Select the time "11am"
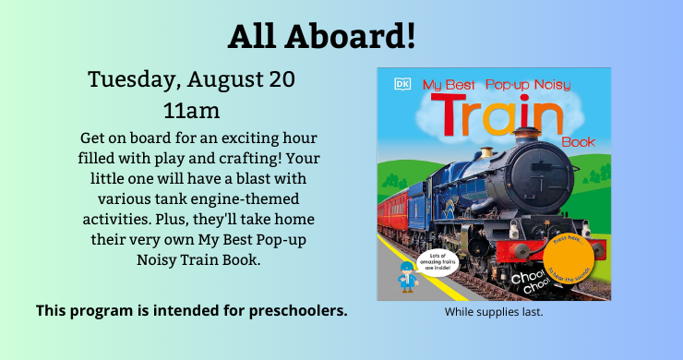point(191,112)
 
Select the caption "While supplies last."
point(494,312)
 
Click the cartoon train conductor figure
point(403,276)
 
